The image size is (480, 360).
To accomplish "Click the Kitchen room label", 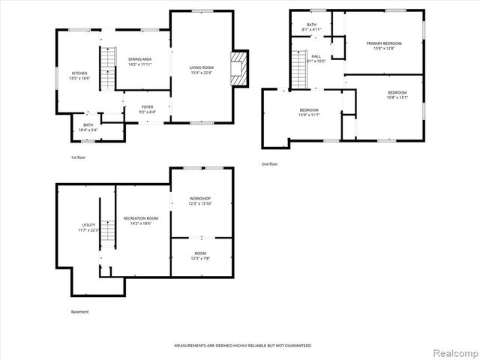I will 79,75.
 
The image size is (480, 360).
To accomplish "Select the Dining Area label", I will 139,61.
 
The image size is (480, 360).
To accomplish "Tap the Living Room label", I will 201,70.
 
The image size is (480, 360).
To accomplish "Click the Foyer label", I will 148,109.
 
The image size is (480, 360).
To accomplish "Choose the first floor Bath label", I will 88,127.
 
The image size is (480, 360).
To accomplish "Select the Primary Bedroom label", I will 384,46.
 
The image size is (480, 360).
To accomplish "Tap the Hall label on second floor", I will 316,58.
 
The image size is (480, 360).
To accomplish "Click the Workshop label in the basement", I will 199,200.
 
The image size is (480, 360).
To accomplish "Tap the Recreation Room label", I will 141,220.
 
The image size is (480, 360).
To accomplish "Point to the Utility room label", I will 88,227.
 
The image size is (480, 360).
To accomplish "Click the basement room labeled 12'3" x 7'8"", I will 199,256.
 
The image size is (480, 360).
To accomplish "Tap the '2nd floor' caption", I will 269,163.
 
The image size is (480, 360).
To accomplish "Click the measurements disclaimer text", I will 242,346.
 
